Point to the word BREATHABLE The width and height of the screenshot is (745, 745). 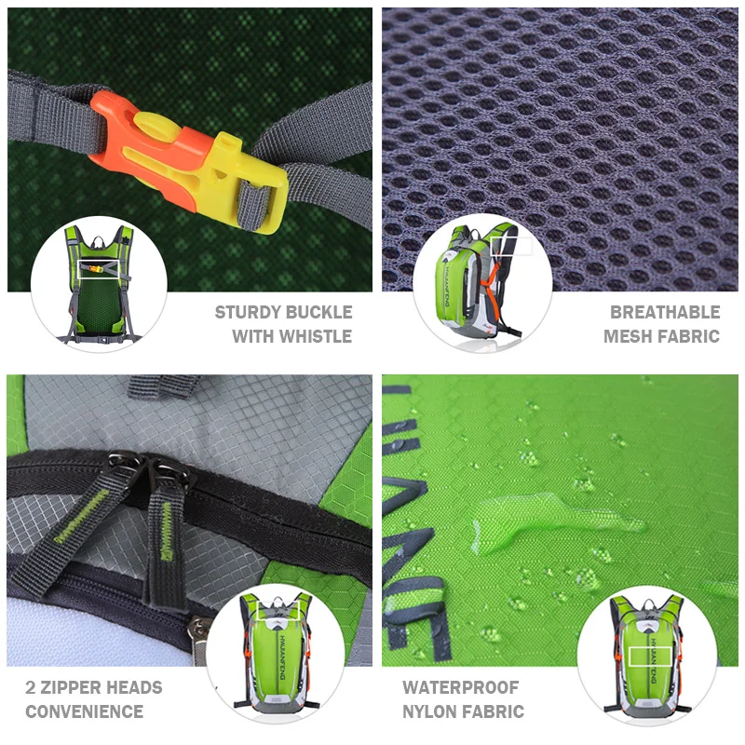tap(665, 313)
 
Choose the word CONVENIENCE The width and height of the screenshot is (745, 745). tap(85, 712)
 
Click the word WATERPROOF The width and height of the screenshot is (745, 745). tap(461, 688)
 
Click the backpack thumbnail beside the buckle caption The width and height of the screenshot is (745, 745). tap(98, 283)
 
